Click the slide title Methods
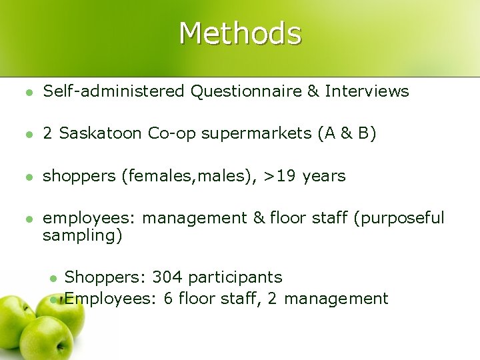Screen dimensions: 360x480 tap(240, 33)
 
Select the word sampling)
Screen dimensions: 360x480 tap(82, 235)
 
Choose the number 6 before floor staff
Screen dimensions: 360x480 tap(167, 298)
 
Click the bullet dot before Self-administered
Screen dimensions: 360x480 tap(25, 92)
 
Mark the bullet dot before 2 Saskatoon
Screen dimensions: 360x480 tap(25, 135)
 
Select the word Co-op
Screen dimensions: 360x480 tap(169, 135)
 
